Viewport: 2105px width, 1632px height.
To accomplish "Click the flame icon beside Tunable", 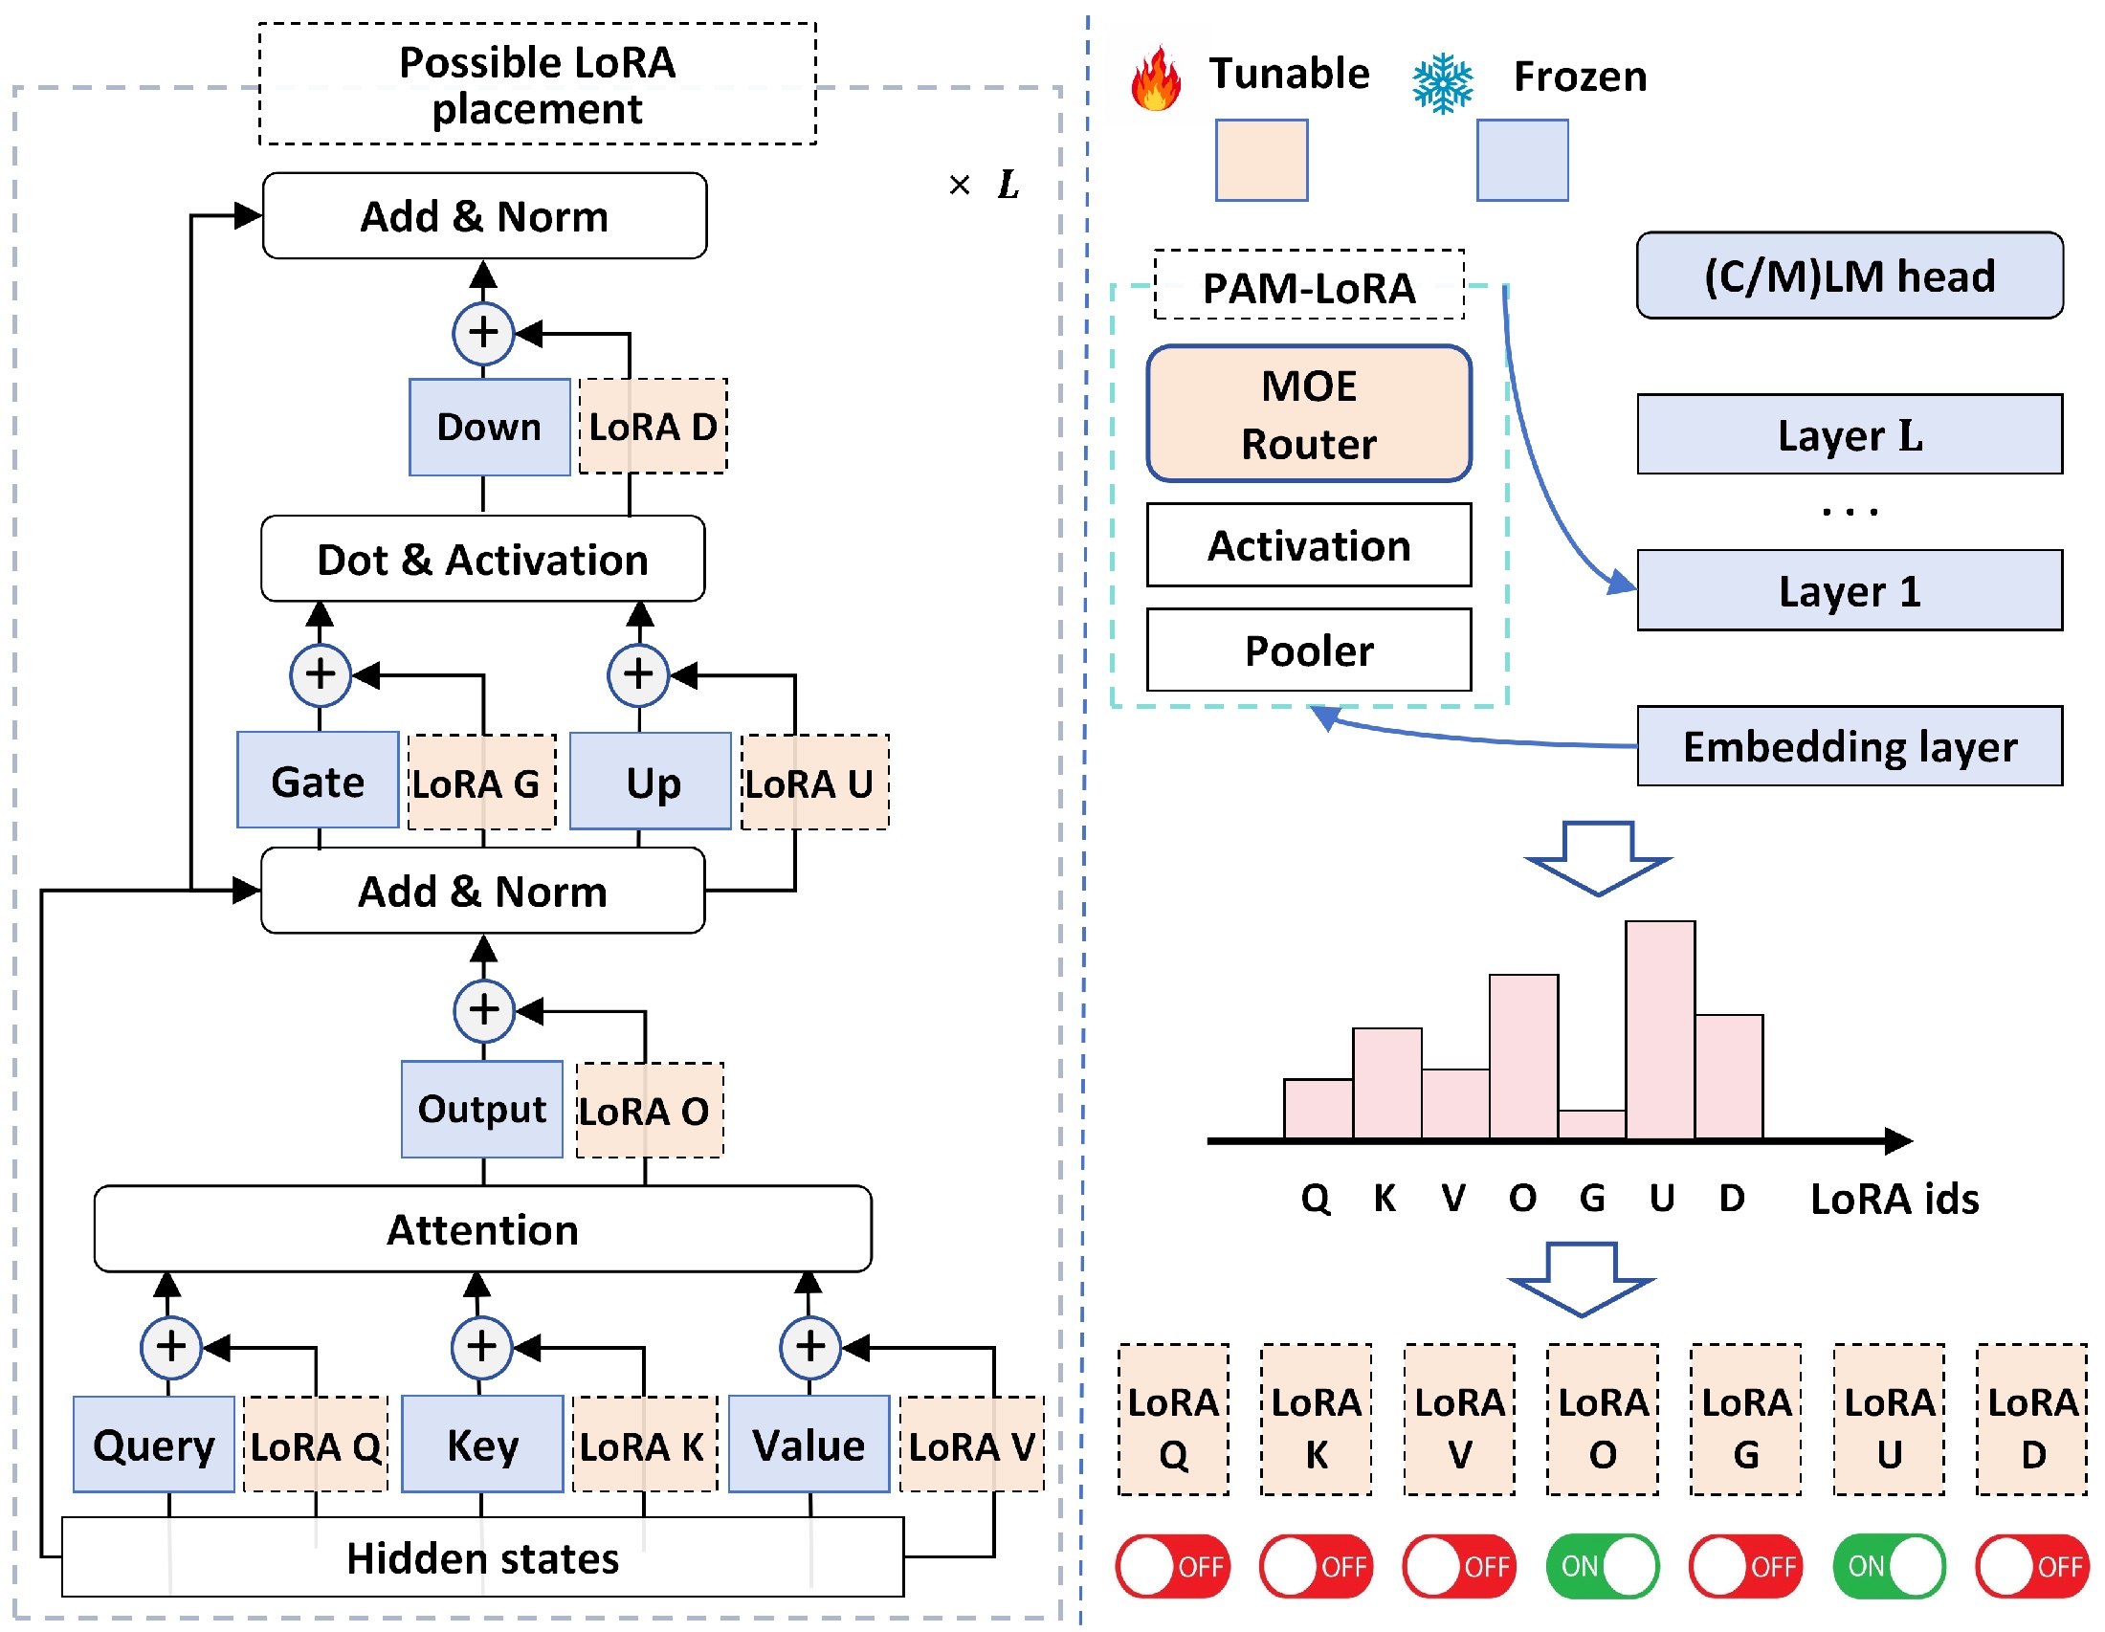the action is tap(1156, 78).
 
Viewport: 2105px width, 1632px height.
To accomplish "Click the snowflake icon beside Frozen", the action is tap(1442, 84).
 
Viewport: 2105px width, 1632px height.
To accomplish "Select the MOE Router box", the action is tap(1308, 413).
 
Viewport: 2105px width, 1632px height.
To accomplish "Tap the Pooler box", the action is tap(1308, 650).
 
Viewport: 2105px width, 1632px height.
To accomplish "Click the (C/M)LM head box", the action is tap(1849, 275).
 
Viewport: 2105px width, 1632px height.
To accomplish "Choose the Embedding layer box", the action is tap(1849, 745).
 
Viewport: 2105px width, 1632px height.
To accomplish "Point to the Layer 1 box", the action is tap(1849, 589).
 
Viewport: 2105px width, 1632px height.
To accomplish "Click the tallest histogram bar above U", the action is tap(1660, 1029).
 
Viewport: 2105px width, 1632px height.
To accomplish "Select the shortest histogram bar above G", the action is tap(1591, 1124).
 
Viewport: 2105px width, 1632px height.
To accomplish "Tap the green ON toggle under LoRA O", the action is tap(1602, 1566).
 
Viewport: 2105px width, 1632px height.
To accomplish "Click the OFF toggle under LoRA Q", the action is tap(1172, 1566).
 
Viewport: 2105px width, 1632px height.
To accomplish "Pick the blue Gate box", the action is tap(317, 780).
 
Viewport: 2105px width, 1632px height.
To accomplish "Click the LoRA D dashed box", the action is tap(653, 426).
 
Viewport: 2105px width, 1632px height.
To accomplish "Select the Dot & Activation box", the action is tap(482, 559).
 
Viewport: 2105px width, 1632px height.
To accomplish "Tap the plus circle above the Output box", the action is tap(484, 1010).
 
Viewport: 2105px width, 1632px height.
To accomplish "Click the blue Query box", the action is tap(153, 1444).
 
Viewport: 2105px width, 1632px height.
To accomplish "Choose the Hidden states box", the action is tap(482, 1556).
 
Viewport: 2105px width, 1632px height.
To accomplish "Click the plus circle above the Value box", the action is tap(809, 1346).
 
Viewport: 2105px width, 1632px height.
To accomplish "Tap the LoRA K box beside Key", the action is tap(644, 1444).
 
